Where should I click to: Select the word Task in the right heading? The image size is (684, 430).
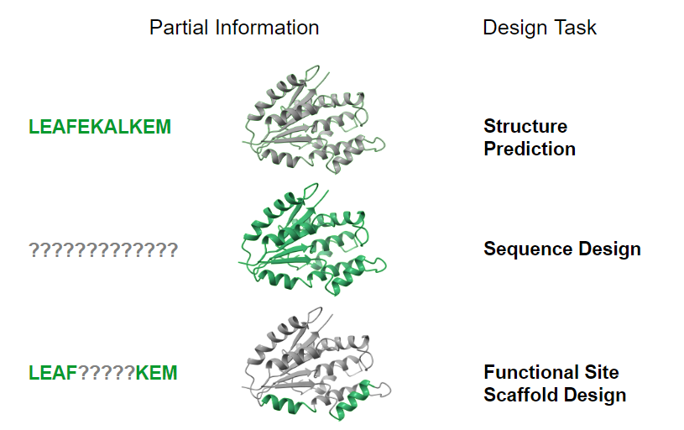coord(577,28)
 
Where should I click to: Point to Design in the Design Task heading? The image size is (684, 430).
coord(516,28)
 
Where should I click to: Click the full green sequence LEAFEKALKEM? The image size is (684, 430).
coord(100,127)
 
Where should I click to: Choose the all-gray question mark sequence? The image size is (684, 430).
coord(103,249)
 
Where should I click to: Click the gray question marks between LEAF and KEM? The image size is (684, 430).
coord(107,372)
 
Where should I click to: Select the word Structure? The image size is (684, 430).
coord(525,127)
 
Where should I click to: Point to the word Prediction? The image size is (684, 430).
coord(530,149)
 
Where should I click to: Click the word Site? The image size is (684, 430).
coord(598,372)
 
